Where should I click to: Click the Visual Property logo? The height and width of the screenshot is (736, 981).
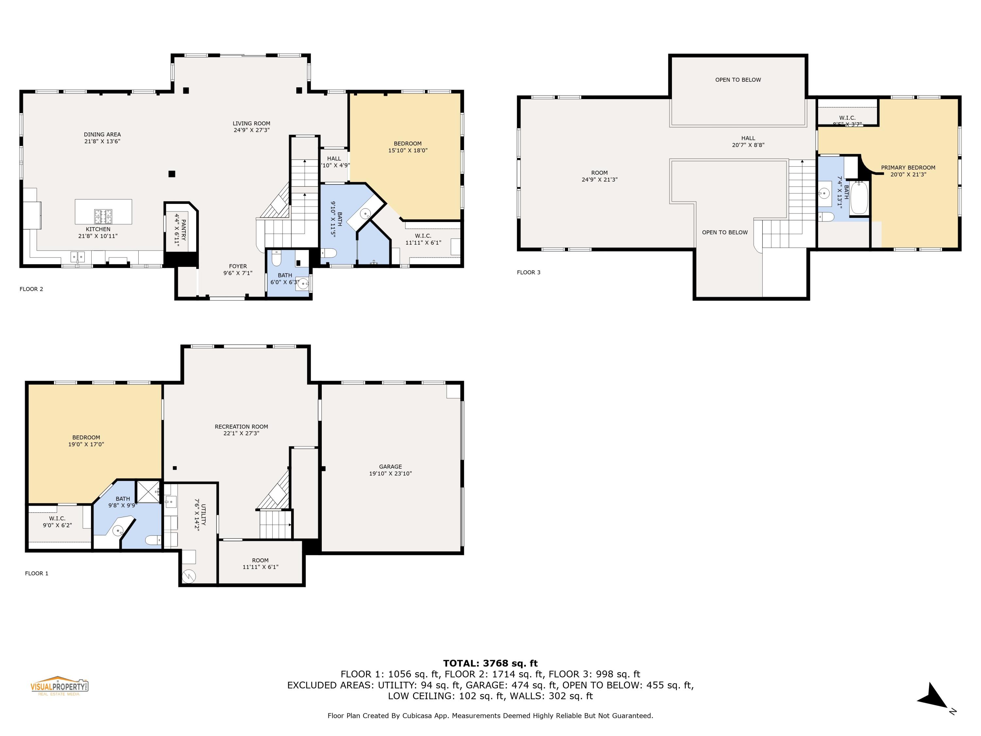[x=59, y=686]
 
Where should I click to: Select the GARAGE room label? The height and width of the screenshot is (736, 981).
[x=390, y=467]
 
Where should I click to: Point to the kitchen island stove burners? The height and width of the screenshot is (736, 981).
[x=103, y=216]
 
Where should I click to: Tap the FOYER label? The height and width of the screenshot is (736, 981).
[x=238, y=266]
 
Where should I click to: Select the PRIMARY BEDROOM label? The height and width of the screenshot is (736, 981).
[x=908, y=168]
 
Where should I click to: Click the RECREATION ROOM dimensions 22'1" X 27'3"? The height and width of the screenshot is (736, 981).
[x=241, y=433]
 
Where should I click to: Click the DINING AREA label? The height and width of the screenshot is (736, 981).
[x=102, y=134]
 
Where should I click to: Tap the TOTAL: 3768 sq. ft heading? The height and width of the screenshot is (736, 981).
[x=490, y=663]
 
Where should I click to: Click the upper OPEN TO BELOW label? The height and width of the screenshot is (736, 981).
[x=737, y=80]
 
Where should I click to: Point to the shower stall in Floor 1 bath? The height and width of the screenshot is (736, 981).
[x=148, y=492]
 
